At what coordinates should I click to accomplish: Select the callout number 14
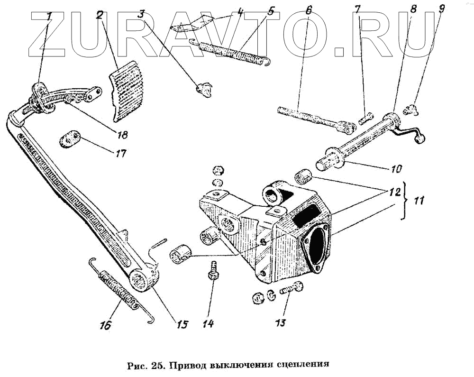click(x=208, y=323)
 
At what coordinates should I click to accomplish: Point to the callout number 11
click(x=418, y=201)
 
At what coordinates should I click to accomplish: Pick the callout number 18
click(x=122, y=135)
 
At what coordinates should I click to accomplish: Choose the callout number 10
click(x=396, y=168)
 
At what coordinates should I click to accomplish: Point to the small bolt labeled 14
click(x=213, y=271)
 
